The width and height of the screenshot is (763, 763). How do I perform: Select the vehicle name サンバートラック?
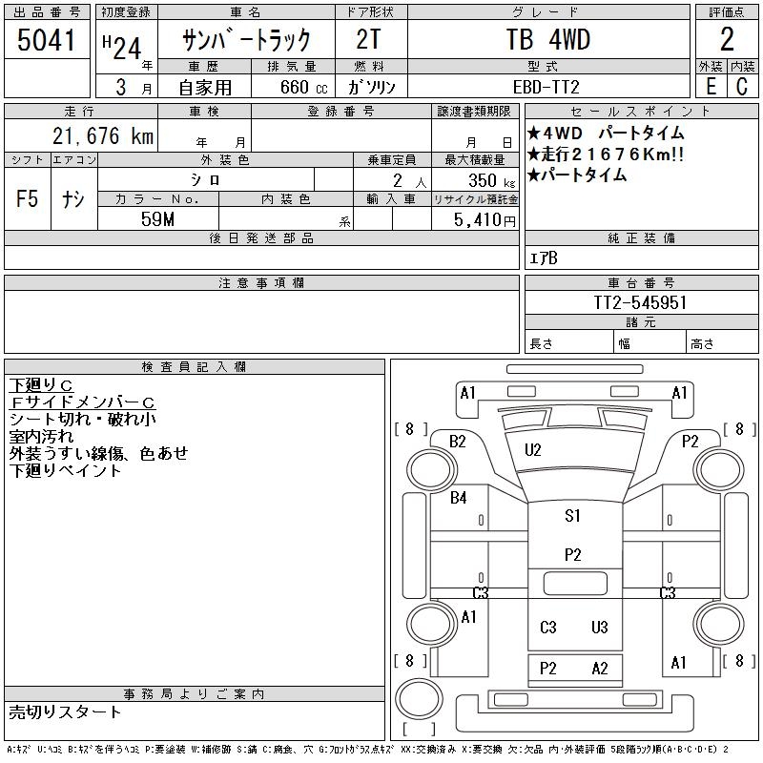247,40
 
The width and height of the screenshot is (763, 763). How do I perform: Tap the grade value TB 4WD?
547,40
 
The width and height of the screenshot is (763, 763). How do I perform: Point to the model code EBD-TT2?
547,87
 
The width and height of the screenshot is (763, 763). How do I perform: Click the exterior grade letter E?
710,87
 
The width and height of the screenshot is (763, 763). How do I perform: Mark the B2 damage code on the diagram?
459,441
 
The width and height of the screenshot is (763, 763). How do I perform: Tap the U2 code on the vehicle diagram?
533,450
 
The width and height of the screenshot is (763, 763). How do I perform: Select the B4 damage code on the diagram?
459,497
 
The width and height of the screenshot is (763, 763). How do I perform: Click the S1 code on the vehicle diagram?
572,516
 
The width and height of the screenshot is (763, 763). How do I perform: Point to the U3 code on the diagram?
599,628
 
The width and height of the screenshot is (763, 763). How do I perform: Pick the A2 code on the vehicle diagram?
599,669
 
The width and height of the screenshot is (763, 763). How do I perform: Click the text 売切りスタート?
66,712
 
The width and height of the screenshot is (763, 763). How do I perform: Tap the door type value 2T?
371,40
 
